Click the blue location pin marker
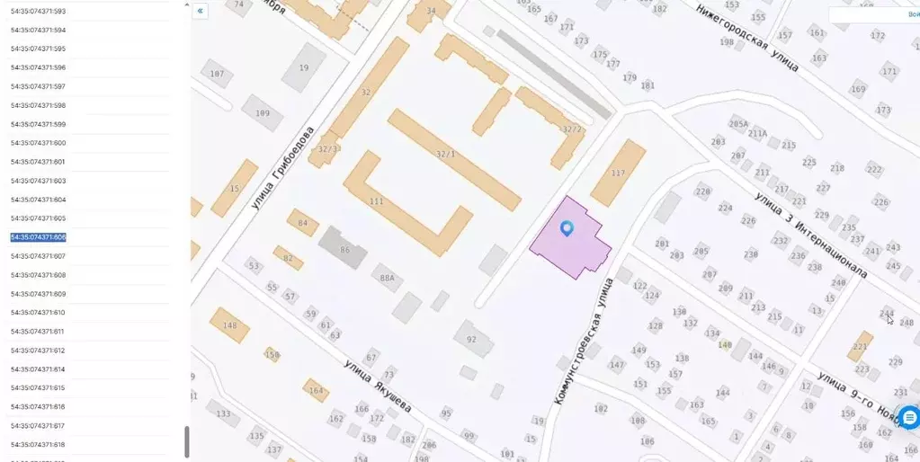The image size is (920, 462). pos(567,228)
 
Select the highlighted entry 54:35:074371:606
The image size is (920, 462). pos(39,237)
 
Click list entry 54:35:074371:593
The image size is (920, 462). pos(38,12)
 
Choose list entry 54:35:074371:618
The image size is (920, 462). pos(38,445)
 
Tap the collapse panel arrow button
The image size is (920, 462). pos(200,11)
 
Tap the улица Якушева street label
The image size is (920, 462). pos(378,386)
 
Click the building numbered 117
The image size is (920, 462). pos(618,173)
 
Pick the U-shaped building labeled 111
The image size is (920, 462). pos(376,200)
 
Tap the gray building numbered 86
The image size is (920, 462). pos(344,248)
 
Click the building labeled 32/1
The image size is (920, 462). pos(446,154)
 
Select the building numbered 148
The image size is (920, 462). pos(229,325)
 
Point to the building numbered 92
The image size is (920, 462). pos(471,339)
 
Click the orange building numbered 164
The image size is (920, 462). pos(316,390)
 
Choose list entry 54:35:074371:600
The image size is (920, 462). pos(38,143)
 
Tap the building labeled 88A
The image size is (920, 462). pos(387,279)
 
